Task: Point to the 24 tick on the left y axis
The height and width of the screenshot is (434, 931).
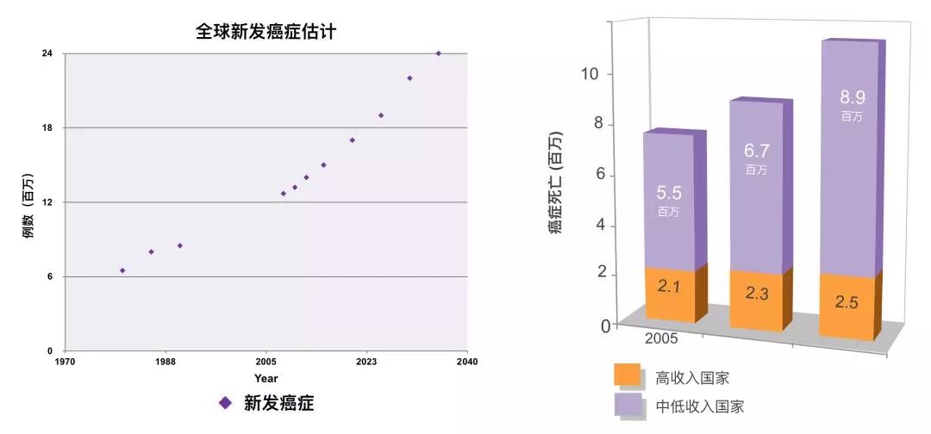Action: tap(47, 53)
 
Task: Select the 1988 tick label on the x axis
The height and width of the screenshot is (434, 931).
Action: tap(166, 362)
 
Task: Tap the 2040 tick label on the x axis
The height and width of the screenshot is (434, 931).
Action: tap(467, 362)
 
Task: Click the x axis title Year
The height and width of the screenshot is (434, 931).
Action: tap(266, 378)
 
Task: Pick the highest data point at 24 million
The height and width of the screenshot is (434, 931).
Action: tap(439, 53)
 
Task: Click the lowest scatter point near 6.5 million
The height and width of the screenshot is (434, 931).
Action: tap(122, 270)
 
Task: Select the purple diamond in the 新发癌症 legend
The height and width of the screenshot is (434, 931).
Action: tap(225, 402)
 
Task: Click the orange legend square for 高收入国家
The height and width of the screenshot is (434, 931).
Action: tap(627, 375)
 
